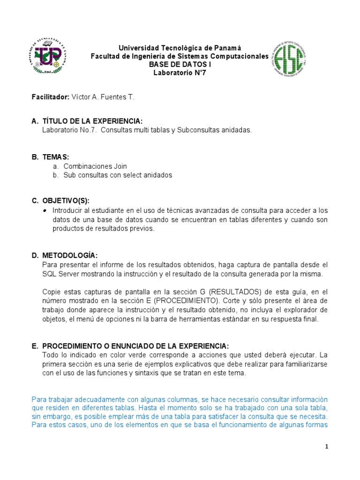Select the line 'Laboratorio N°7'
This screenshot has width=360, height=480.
(180, 73)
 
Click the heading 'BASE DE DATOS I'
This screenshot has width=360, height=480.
(180, 65)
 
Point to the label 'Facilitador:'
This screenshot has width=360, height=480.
(50, 97)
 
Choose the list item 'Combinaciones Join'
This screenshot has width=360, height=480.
(95, 166)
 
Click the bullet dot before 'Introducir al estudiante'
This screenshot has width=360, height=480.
(45, 210)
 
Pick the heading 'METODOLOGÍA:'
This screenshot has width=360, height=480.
(70, 255)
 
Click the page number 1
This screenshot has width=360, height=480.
(327, 447)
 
